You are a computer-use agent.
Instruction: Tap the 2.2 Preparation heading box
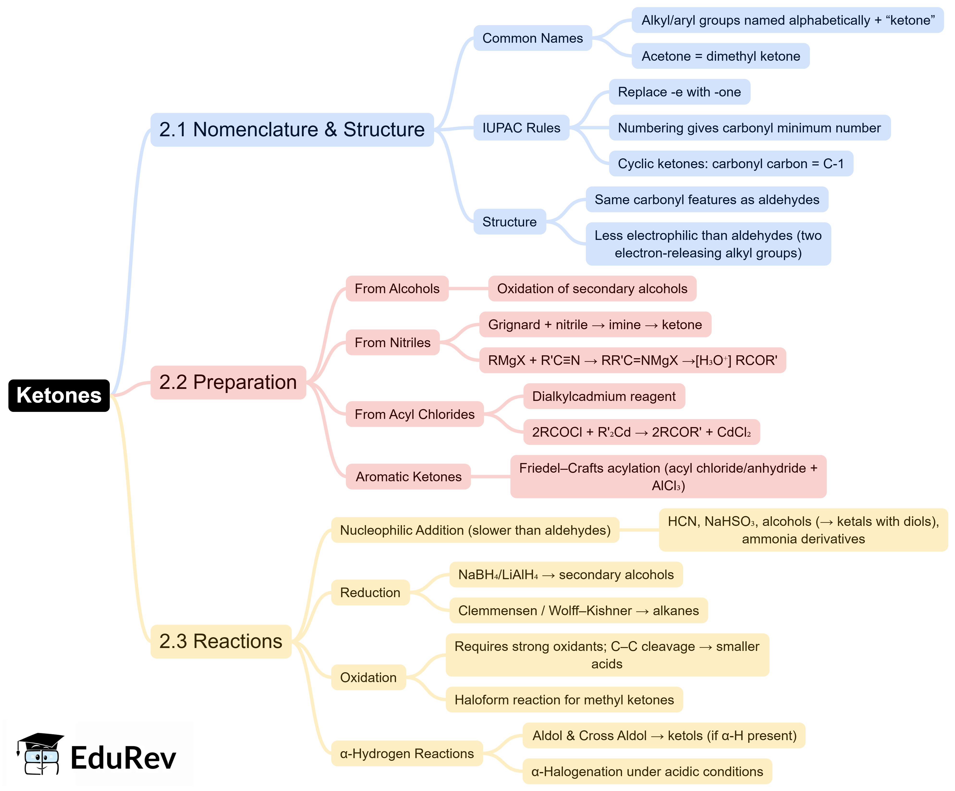(228, 382)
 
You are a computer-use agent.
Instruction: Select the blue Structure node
(509, 222)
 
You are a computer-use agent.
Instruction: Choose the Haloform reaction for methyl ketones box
(564, 700)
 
